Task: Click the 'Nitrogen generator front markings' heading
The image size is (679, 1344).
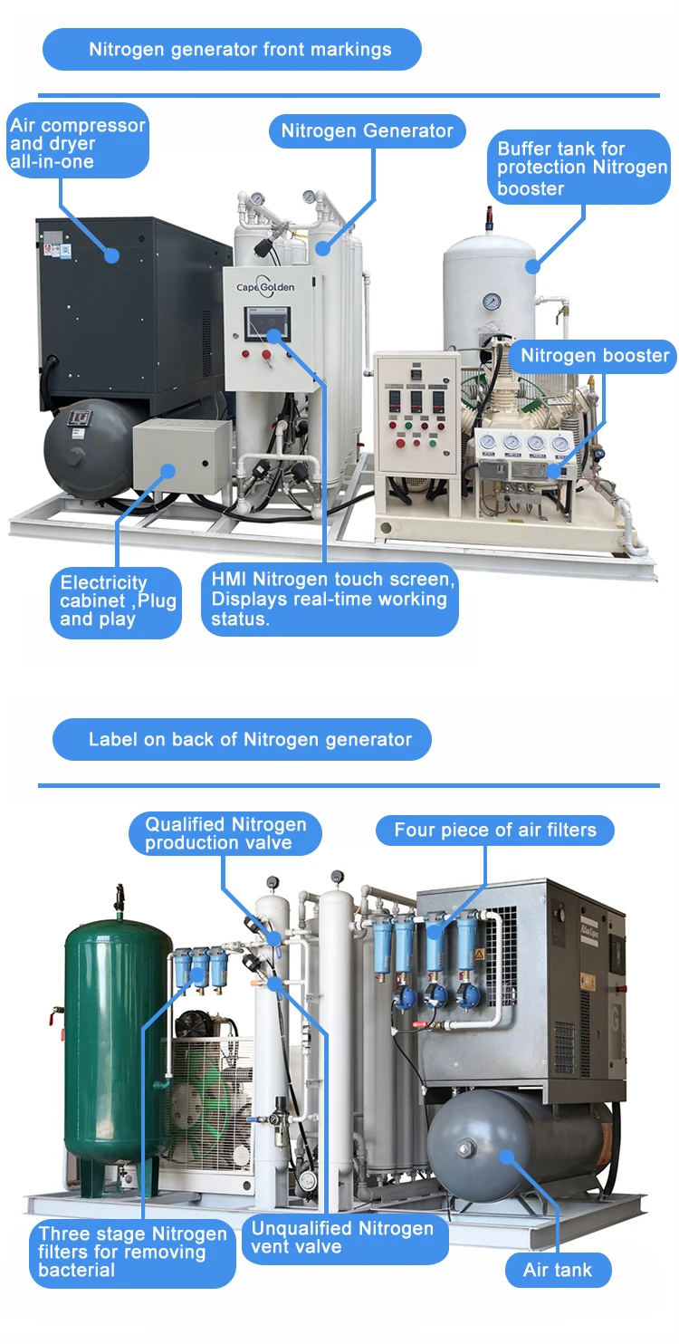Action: coord(232,49)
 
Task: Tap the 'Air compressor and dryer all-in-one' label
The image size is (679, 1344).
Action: coord(77,143)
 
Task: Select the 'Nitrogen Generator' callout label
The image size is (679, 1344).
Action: coord(367,130)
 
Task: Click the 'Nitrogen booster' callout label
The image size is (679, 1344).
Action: coord(594,356)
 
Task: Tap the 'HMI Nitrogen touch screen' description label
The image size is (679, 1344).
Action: coord(330,599)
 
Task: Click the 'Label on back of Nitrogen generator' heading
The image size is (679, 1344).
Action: coord(242,740)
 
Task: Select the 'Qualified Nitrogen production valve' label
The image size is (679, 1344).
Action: coord(226,833)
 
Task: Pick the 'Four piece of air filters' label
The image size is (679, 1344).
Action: coord(495,830)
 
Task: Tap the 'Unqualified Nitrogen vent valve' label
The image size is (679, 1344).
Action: coord(343,1237)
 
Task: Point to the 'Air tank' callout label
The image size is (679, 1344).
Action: coord(557,1270)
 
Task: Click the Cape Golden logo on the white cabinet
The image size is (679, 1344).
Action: coord(265,283)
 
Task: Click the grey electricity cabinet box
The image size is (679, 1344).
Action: coord(181,456)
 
